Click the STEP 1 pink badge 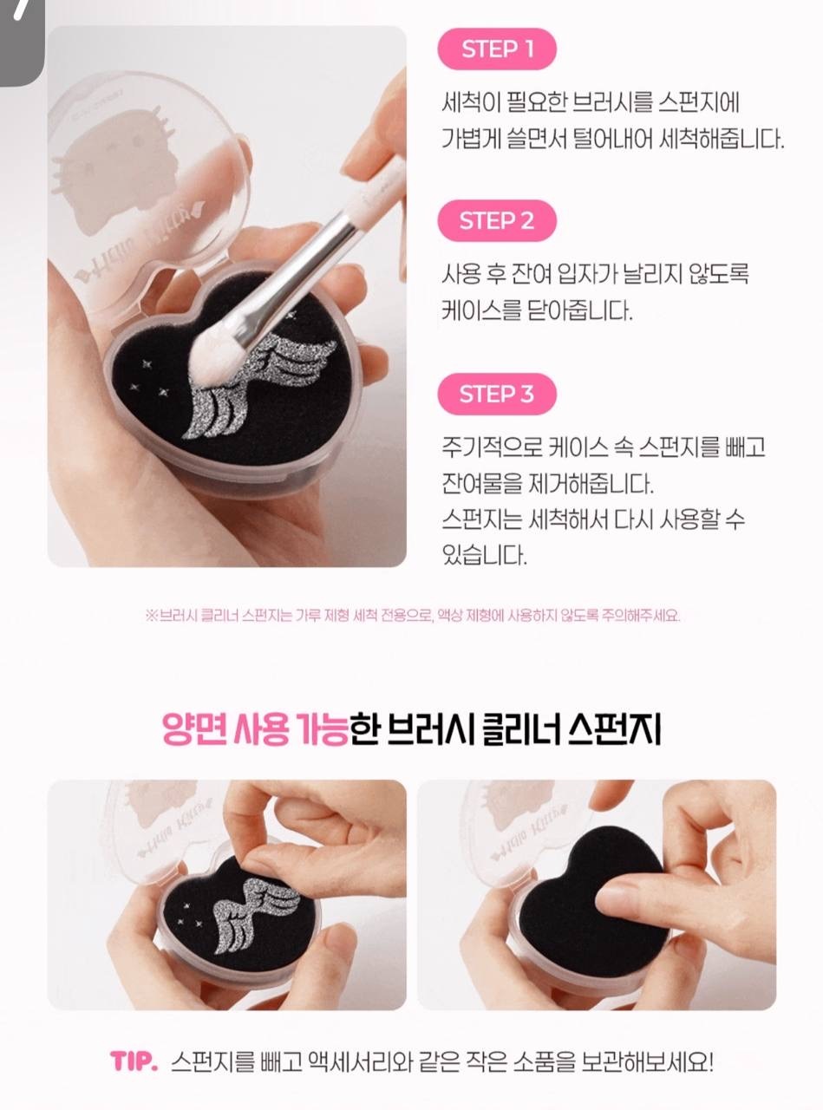coord(497,49)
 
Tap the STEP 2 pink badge coord(497,220)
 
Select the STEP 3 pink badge coord(497,394)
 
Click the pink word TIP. coord(134,1060)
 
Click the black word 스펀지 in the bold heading coord(614,729)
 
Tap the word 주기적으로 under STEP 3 coord(492,447)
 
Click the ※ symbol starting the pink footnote coord(152,616)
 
